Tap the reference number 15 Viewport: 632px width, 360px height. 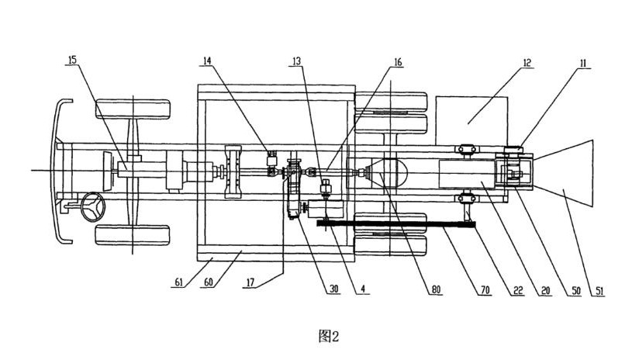[x=71, y=60]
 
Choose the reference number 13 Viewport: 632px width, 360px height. [x=298, y=60]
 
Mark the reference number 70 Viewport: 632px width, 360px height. [x=485, y=289]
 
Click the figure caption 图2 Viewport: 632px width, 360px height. [x=330, y=335]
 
